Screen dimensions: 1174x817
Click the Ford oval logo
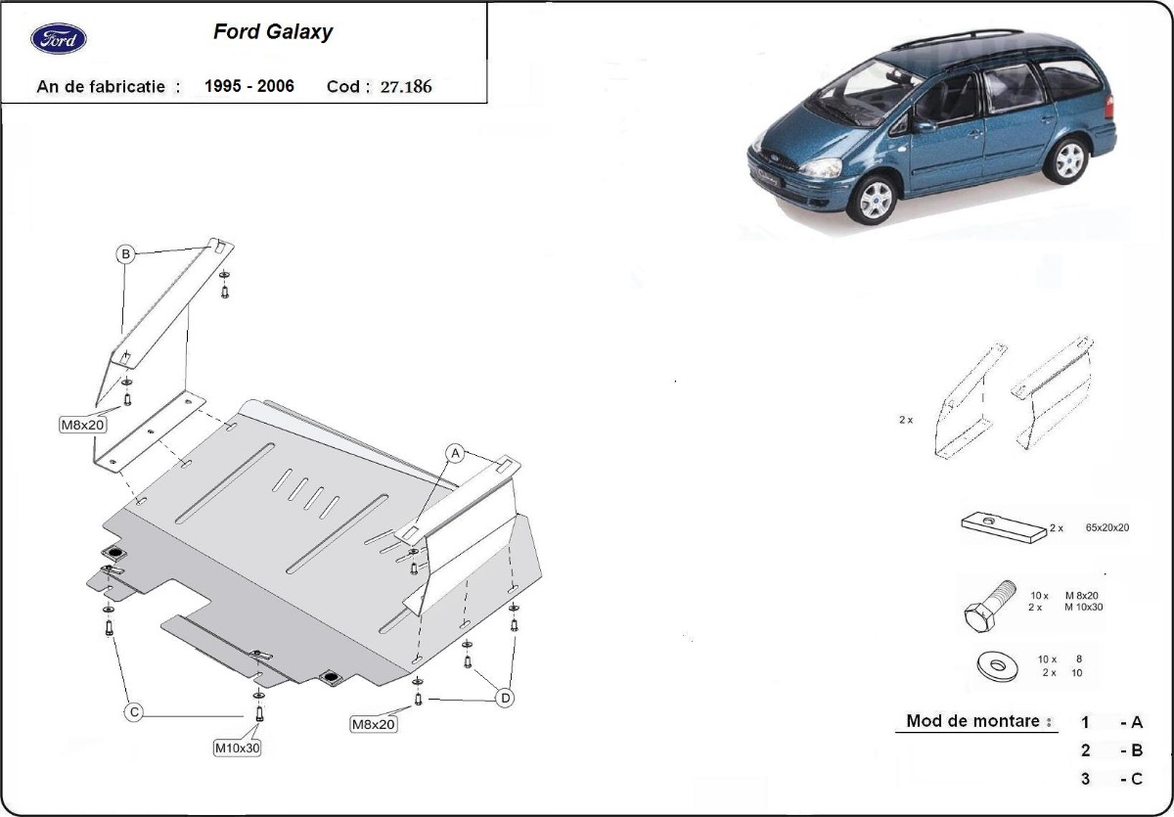pyautogui.click(x=58, y=39)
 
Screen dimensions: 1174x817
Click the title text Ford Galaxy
pyautogui.click(x=273, y=32)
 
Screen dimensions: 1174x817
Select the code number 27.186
pyautogui.click(x=406, y=86)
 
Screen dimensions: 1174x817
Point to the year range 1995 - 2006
pyautogui.click(x=248, y=86)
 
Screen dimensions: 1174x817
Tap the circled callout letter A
pyautogui.click(x=455, y=453)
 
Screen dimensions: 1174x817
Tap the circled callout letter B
pyautogui.click(x=126, y=254)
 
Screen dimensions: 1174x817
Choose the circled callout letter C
pyautogui.click(x=134, y=712)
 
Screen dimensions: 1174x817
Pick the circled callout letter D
pyautogui.click(x=505, y=698)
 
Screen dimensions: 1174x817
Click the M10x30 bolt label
pyautogui.click(x=237, y=748)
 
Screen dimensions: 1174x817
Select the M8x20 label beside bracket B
pyautogui.click(x=83, y=425)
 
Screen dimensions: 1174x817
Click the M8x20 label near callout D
pyautogui.click(x=373, y=724)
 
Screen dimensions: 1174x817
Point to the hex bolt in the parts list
pyautogui.click(x=989, y=607)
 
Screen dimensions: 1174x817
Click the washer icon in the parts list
pyautogui.click(x=997, y=666)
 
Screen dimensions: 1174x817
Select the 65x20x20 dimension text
pyautogui.click(x=1106, y=527)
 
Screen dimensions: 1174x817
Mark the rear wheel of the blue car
pyautogui.click(x=1068, y=160)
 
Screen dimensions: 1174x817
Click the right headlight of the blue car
pyautogui.click(x=821, y=167)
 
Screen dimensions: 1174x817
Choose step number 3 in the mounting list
pyautogui.click(x=1085, y=779)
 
